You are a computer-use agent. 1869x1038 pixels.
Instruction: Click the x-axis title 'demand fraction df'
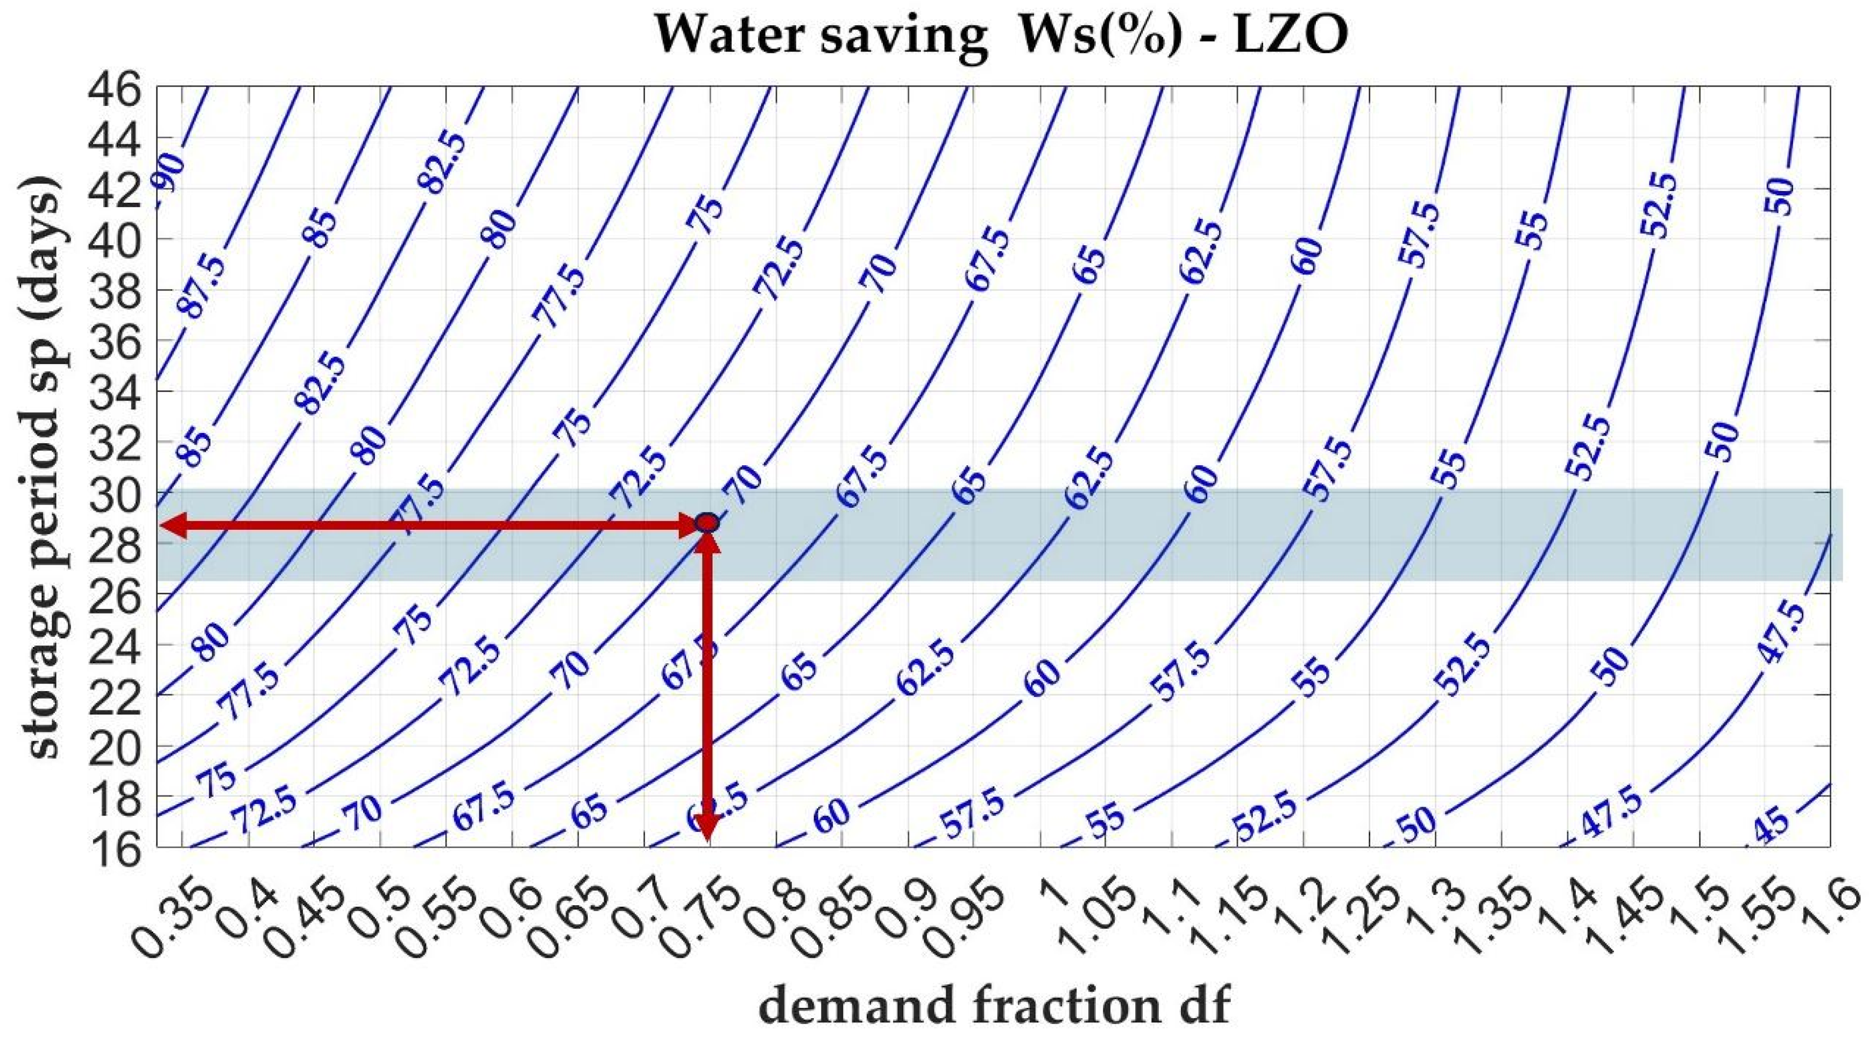pyautogui.click(x=994, y=1008)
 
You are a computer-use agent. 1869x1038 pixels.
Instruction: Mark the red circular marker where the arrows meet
pyautogui.click(x=707, y=522)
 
